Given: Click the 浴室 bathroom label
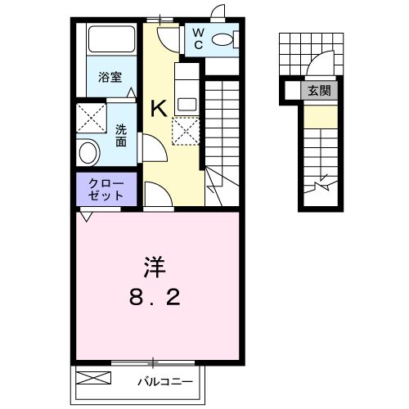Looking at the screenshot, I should tap(110, 78).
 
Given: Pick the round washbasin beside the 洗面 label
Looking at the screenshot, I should tap(88, 151).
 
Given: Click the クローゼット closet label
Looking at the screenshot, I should tap(106, 190).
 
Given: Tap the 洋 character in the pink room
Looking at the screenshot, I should tap(155, 267).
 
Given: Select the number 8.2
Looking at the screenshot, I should tap(156, 299).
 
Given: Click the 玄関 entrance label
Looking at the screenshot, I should tap(320, 91).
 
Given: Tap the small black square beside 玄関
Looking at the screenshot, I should tap(291, 91).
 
